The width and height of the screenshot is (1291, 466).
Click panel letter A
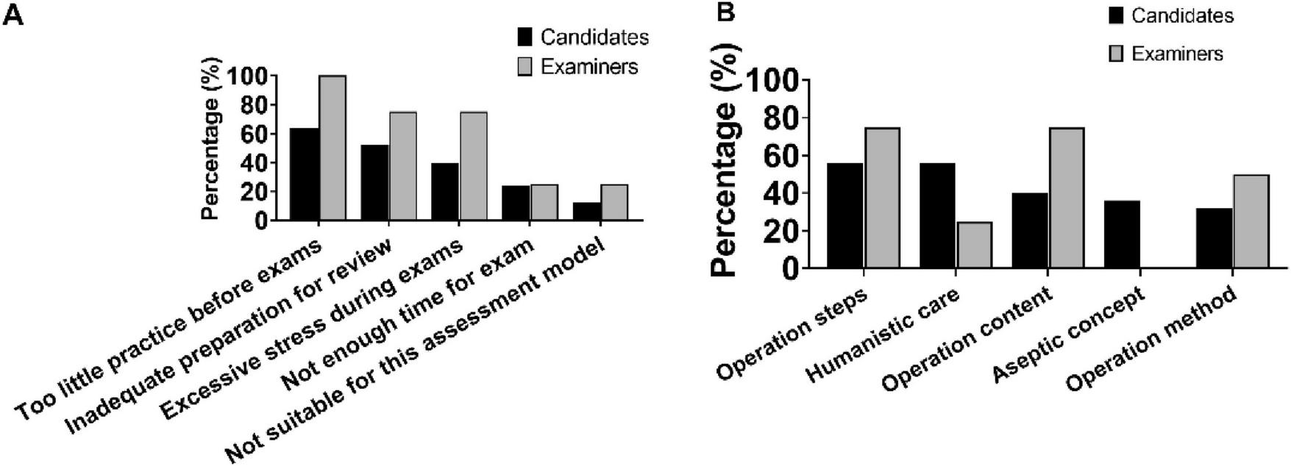[13, 14]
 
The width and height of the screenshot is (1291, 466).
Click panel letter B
[725, 12]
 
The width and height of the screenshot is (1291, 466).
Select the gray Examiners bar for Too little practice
[332, 147]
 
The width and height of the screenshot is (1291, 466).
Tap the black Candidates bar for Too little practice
[305, 174]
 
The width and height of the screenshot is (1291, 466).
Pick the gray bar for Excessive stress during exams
[473, 165]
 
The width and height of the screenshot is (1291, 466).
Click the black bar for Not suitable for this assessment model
[586, 212]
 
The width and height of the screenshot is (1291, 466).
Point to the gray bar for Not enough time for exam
[544, 202]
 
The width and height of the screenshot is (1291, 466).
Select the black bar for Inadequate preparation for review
[375, 182]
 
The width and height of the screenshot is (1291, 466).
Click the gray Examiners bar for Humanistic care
[974, 245]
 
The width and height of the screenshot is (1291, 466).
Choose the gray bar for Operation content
[1066, 198]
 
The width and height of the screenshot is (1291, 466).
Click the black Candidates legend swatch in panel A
[525, 37]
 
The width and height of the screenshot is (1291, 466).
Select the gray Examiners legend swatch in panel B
[1116, 54]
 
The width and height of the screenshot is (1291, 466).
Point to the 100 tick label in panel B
[773, 80]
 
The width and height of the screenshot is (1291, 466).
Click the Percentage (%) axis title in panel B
[726, 158]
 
